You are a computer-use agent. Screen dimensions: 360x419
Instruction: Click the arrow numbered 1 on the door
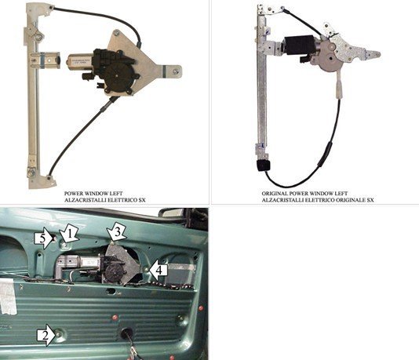pos(70,233)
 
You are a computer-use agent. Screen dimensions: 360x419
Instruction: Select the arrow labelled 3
pos(116,233)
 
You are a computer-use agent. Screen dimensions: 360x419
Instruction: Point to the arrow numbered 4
pos(158,271)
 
